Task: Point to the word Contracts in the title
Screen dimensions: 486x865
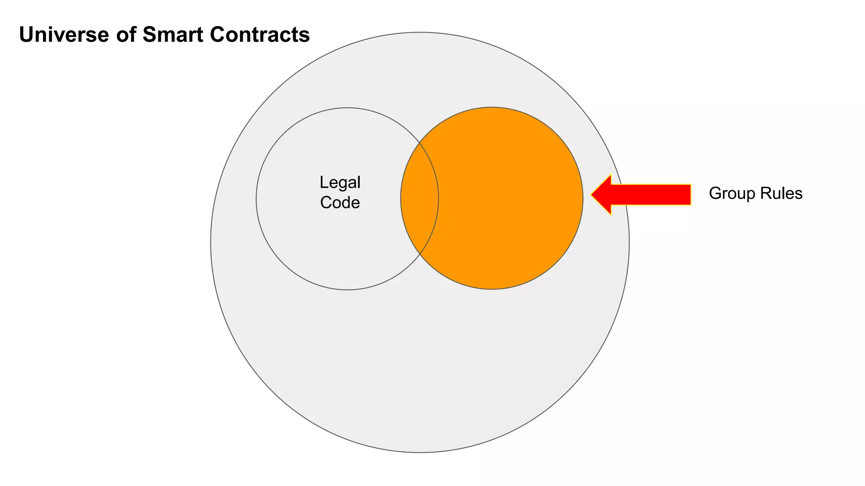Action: click(x=260, y=35)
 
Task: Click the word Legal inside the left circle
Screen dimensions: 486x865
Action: click(x=340, y=183)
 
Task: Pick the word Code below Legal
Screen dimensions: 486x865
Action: click(x=340, y=203)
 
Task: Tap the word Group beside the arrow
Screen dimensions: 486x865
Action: click(x=732, y=194)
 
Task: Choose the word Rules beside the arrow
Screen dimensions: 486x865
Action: click(x=781, y=194)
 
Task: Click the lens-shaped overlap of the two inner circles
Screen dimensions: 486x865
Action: click(x=419, y=198)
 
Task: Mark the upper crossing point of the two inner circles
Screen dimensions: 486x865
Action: click(x=419, y=143)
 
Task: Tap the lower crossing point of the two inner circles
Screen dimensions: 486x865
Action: click(x=419, y=254)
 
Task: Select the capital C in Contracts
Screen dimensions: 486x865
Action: click(x=218, y=35)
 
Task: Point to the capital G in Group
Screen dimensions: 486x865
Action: click(x=715, y=194)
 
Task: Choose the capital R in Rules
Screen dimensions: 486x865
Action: click(x=765, y=194)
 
